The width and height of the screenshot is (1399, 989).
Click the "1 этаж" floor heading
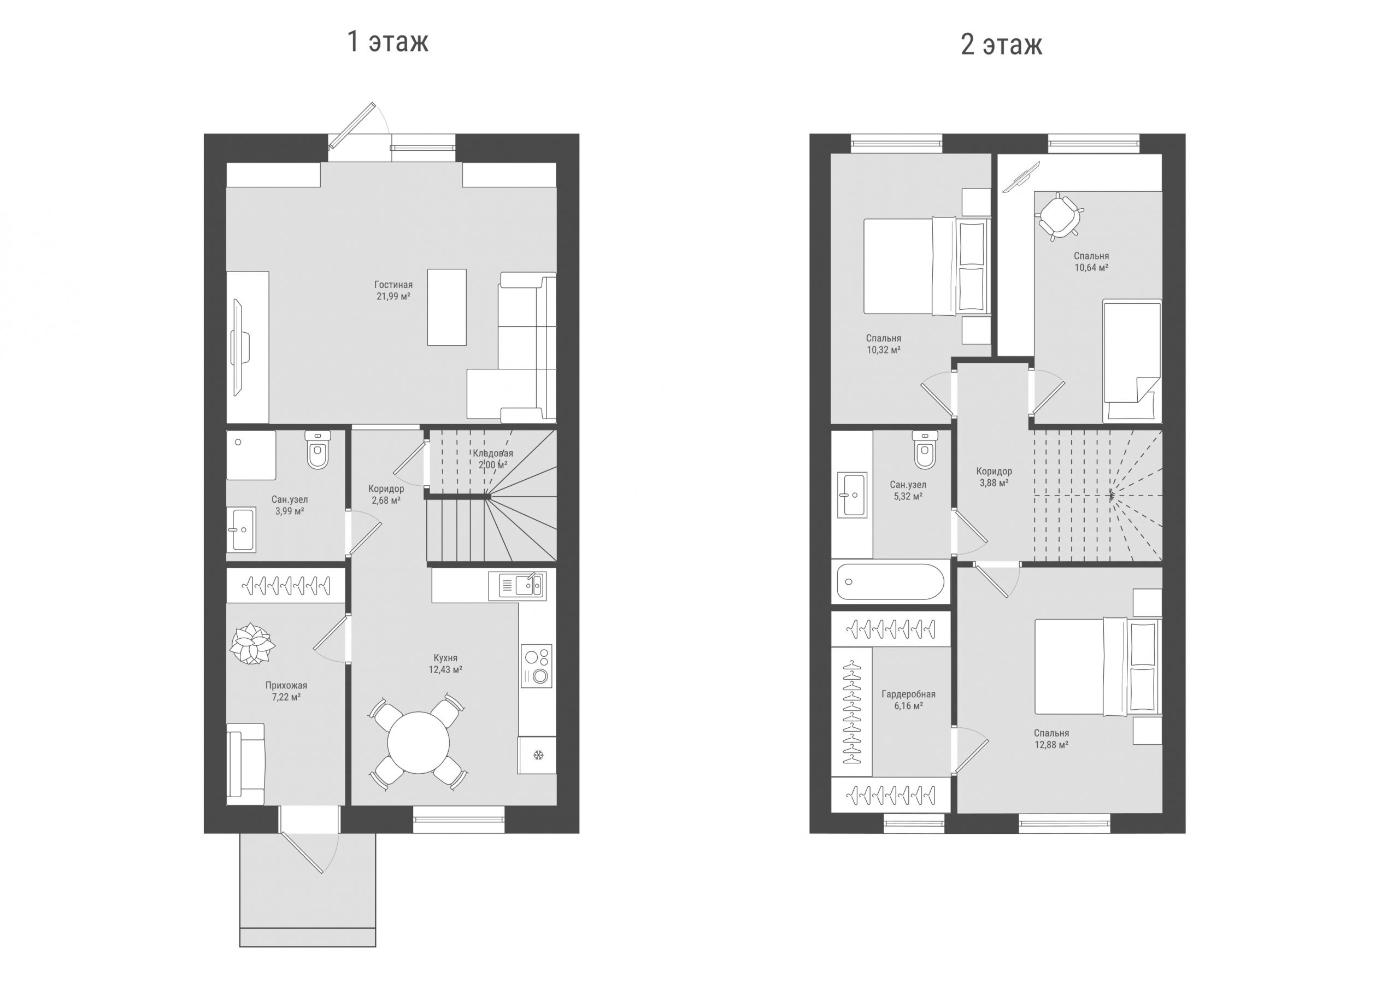pyautogui.click(x=388, y=42)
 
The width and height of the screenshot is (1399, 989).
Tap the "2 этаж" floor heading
pyautogui.click(x=1001, y=44)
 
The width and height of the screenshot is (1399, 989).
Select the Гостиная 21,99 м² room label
pyautogui.click(x=393, y=291)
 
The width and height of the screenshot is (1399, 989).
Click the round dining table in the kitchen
pyautogui.click(x=419, y=742)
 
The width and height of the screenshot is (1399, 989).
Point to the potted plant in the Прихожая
pyautogui.click(x=251, y=644)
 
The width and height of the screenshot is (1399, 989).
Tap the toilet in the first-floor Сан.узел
pyautogui.click(x=318, y=450)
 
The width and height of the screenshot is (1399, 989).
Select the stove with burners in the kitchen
pyautogui.click(x=537, y=666)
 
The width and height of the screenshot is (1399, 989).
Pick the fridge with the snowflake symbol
pyautogui.click(x=537, y=756)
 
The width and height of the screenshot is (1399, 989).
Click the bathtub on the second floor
pyautogui.click(x=890, y=581)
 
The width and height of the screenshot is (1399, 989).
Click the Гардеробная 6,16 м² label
pyautogui.click(x=908, y=699)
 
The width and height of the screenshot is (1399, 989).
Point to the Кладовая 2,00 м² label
pyautogui.click(x=493, y=459)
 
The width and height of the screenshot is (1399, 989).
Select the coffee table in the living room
pyautogui.click(x=446, y=307)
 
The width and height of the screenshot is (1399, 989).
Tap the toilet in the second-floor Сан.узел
pyautogui.click(x=925, y=450)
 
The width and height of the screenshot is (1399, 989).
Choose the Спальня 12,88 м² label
pyautogui.click(x=1051, y=739)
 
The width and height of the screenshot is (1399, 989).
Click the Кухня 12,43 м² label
pyautogui.click(x=445, y=663)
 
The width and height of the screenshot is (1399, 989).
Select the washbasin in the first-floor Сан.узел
pyautogui.click(x=242, y=529)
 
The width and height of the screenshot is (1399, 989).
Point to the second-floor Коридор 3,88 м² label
pyautogui.click(x=994, y=476)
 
